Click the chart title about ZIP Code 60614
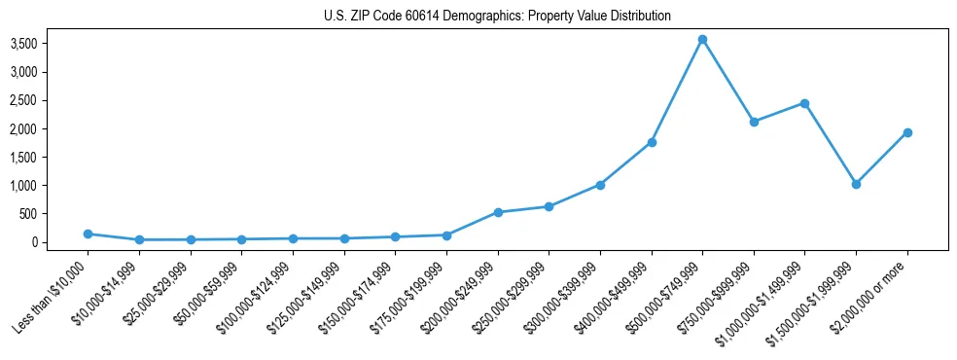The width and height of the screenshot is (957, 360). pos(497,17)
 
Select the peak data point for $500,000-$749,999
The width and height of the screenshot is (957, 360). pos(702,40)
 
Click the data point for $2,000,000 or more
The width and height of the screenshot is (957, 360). pos(907,132)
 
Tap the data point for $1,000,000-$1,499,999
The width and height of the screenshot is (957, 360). pos(804,103)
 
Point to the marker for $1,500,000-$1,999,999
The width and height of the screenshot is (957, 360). pos(856,184)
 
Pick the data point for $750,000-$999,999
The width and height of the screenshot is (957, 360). pos(754,122)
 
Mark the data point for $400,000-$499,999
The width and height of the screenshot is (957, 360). pos(652,142)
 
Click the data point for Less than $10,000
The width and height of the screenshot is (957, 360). pos(88,234)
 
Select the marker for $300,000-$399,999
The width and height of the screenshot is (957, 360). pos(600,185)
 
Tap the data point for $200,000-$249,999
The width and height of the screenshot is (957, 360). pos(498,212)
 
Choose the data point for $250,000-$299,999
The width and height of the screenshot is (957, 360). pos(549,206)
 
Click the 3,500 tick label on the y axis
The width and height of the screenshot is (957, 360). pos(51,44)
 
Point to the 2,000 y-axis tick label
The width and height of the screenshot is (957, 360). pos(51,128)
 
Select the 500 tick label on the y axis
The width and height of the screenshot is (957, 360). pos(57,214)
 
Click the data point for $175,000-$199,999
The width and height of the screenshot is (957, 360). pos(446,234)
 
